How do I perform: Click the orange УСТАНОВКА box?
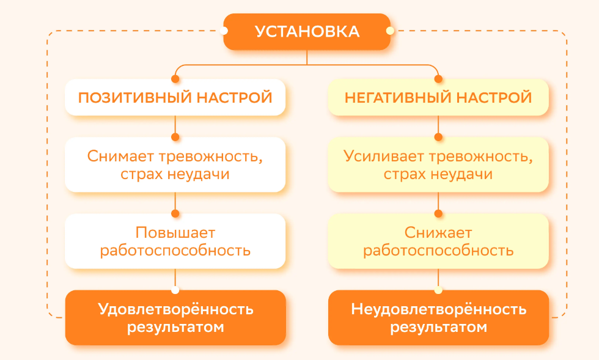point(306,32)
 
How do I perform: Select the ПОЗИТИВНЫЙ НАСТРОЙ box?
point(175,98)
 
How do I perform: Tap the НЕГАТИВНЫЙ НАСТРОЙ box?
point(438,98)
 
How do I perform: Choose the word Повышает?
point(175,232)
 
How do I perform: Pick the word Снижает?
point(438,232)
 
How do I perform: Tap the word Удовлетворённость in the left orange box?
point(175,309)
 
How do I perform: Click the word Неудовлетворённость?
point(438,309)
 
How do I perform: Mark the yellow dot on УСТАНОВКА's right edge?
point(389,31)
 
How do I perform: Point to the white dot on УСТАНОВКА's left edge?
point(225,31)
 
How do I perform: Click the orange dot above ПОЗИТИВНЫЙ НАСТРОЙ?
point(175,79)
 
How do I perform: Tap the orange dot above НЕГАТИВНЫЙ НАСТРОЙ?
point(438,79)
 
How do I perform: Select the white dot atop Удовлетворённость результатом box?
point(175,290)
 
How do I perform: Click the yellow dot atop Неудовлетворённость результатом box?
point(438,290)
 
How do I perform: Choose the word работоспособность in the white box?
point(175,250)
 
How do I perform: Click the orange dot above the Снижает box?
point(438,213)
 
